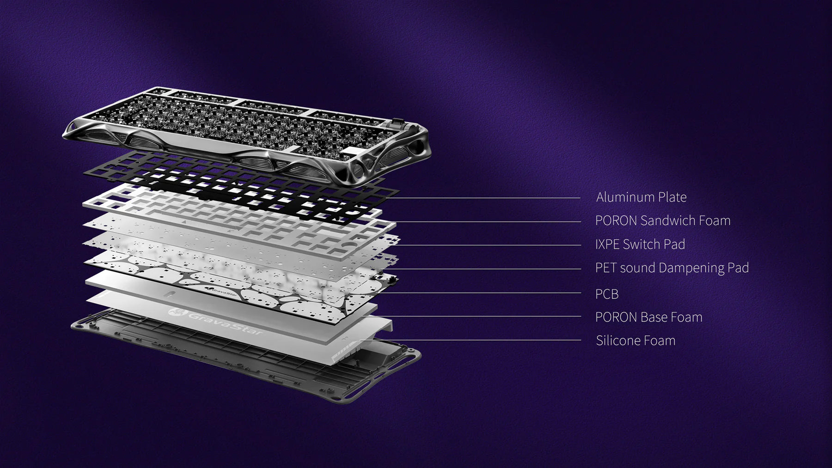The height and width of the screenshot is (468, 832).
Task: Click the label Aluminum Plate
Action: click(x=641, y=197)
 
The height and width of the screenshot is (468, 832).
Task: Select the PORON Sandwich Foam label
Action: click(x=663, y=221)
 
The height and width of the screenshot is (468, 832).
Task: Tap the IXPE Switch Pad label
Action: click(x=640, y=244)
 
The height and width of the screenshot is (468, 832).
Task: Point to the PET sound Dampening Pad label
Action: click(x=672, y=268)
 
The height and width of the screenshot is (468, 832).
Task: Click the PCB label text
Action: click(x=607, y=294)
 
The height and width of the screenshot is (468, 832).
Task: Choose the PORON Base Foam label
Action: click(x=649, y=317)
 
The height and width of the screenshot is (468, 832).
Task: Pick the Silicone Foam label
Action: click(x=636, y=341)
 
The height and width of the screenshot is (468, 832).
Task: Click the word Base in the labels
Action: click(x=654, y=317)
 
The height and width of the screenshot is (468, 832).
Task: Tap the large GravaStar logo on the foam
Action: click(x=216, y=322)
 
